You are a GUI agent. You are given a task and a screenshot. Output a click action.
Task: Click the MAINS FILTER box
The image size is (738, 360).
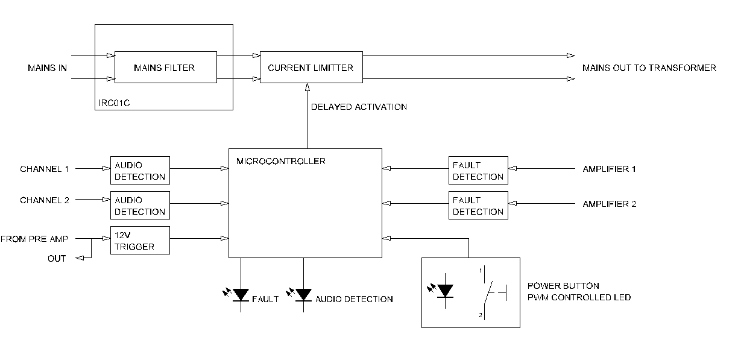(165, 67)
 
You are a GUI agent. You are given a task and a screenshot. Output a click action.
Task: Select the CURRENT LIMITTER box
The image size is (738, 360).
(311, 67)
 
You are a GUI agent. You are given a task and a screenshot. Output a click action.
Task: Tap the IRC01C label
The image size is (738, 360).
(115, 103)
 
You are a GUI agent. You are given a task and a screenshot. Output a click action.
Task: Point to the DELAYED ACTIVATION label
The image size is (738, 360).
(359, 107)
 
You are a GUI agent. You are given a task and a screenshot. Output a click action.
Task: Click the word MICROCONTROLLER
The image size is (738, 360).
(272, 161)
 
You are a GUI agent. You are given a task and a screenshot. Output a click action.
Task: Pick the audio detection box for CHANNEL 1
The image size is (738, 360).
(140, 170)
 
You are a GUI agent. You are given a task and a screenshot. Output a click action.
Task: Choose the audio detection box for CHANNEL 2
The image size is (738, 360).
(140, 205)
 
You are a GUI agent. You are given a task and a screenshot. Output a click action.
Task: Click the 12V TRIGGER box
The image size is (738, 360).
(140, 240)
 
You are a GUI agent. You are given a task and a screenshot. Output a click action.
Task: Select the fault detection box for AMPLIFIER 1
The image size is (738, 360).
(478, 170)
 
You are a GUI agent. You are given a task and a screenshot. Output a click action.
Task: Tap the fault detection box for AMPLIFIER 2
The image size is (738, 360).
(478, 205)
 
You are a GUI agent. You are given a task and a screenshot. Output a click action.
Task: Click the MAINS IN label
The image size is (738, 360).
(47, 68)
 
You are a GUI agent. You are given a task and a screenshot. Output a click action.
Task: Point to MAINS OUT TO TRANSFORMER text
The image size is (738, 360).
(649, 68)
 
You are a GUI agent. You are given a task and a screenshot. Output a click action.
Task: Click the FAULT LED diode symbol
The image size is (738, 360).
(241, 295)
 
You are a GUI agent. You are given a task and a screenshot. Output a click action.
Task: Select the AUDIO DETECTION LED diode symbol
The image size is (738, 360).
(303, 295)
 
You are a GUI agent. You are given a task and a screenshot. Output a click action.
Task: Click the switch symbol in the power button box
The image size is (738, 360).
(491, 291)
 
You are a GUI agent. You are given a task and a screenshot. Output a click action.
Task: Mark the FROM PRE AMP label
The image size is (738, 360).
(34, 239)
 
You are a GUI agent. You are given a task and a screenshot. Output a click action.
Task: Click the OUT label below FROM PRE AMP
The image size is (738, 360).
(57, 258)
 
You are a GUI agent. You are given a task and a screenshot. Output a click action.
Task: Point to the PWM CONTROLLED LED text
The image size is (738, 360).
(579, 297)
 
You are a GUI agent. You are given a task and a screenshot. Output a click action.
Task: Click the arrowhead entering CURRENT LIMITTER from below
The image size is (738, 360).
(307, 88)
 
